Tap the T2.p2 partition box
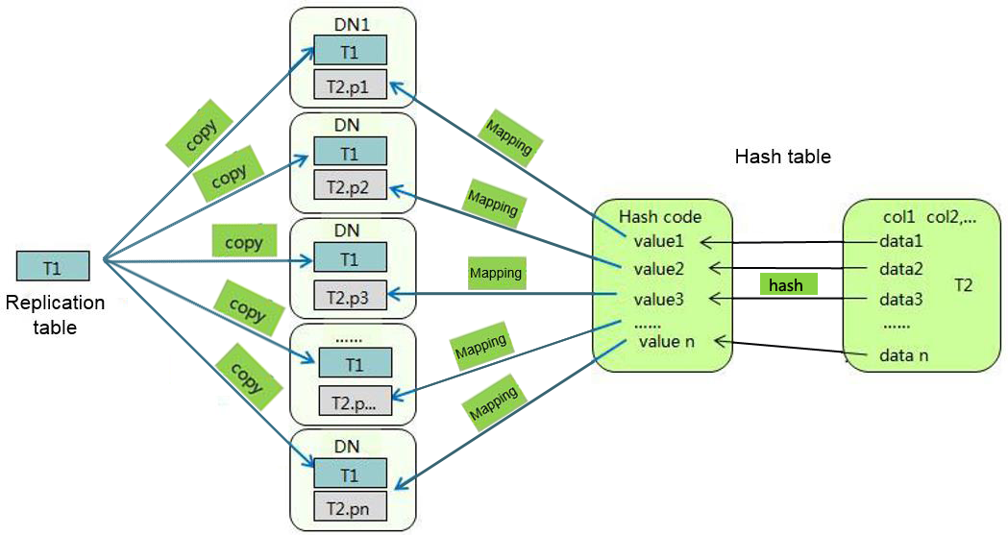coord(351,186)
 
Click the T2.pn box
coord(351,507)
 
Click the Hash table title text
coord(782,157)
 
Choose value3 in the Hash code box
coord(658,300)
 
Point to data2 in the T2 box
coord(900,269)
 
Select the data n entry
coord(903,356)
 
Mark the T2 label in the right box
coord(964,285)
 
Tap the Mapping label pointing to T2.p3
coord(496,273)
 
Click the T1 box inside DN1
coord(351,50)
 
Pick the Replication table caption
coord(55,315)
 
